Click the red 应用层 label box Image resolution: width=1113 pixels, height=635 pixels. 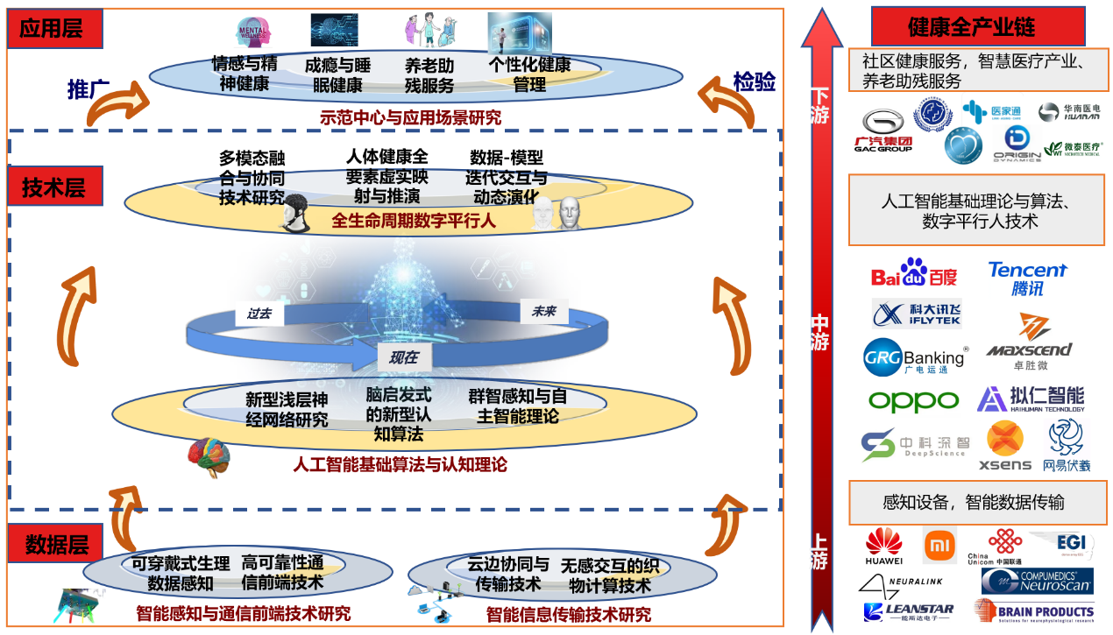53,29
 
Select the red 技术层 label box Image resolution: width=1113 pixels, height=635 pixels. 55,187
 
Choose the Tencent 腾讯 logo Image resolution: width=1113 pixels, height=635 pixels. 1027,278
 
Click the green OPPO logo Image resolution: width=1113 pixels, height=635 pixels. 913,401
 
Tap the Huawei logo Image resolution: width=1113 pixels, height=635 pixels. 883,547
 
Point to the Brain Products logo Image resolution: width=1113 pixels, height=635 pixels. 1033,610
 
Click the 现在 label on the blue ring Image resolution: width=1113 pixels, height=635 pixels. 403,357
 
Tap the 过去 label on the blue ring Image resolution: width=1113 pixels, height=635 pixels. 259,314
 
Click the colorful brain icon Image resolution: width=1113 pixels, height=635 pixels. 209,458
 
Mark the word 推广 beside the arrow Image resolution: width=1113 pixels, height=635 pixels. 88,89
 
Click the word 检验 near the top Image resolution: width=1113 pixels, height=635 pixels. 754,82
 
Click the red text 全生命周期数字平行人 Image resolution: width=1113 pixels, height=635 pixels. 414,222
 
